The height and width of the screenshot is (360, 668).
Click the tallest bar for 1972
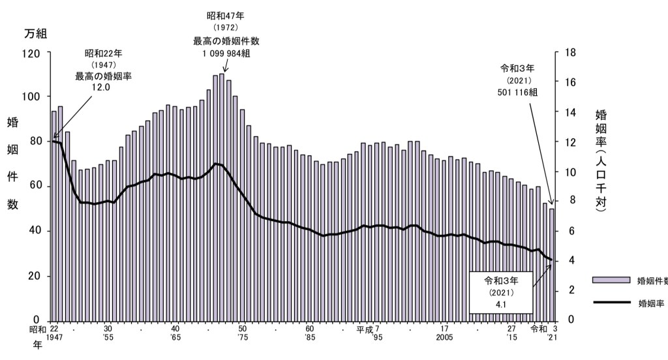(x=222, y=196)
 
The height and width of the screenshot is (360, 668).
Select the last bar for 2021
(x=552, y=264)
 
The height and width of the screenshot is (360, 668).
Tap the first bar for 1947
(x=54, y=215)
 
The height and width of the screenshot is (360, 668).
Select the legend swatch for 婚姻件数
(x=611, y=280)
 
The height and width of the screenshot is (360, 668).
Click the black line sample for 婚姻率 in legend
(x=611, y=303)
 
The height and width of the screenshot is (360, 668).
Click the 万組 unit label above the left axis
(x=36, y=33)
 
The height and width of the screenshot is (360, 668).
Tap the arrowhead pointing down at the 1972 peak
(x=225, y=69)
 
